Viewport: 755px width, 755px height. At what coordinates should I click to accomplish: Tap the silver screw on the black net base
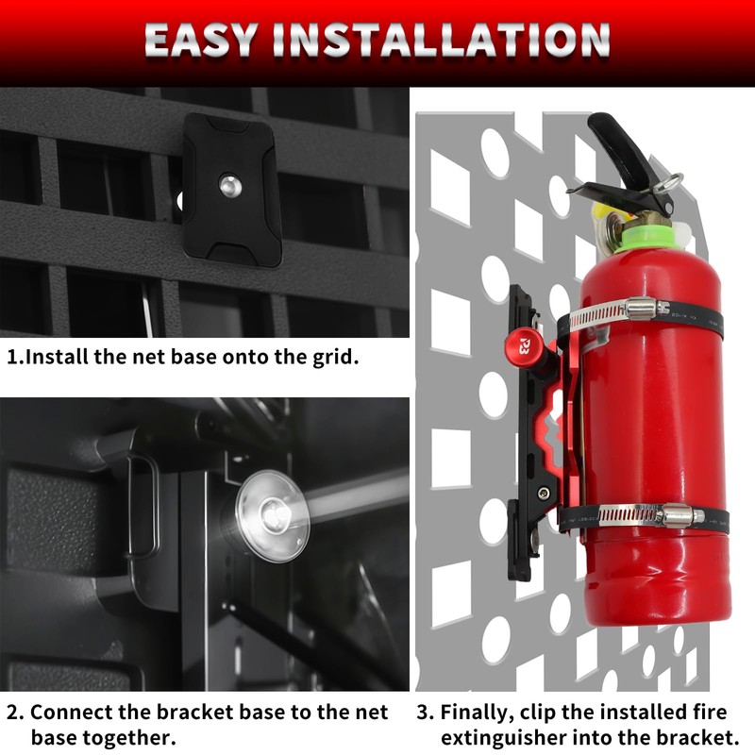pyautogui.click(x=227, y=185)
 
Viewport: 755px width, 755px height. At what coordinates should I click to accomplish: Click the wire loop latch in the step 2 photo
pyautogui.click(x=142, y=505)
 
